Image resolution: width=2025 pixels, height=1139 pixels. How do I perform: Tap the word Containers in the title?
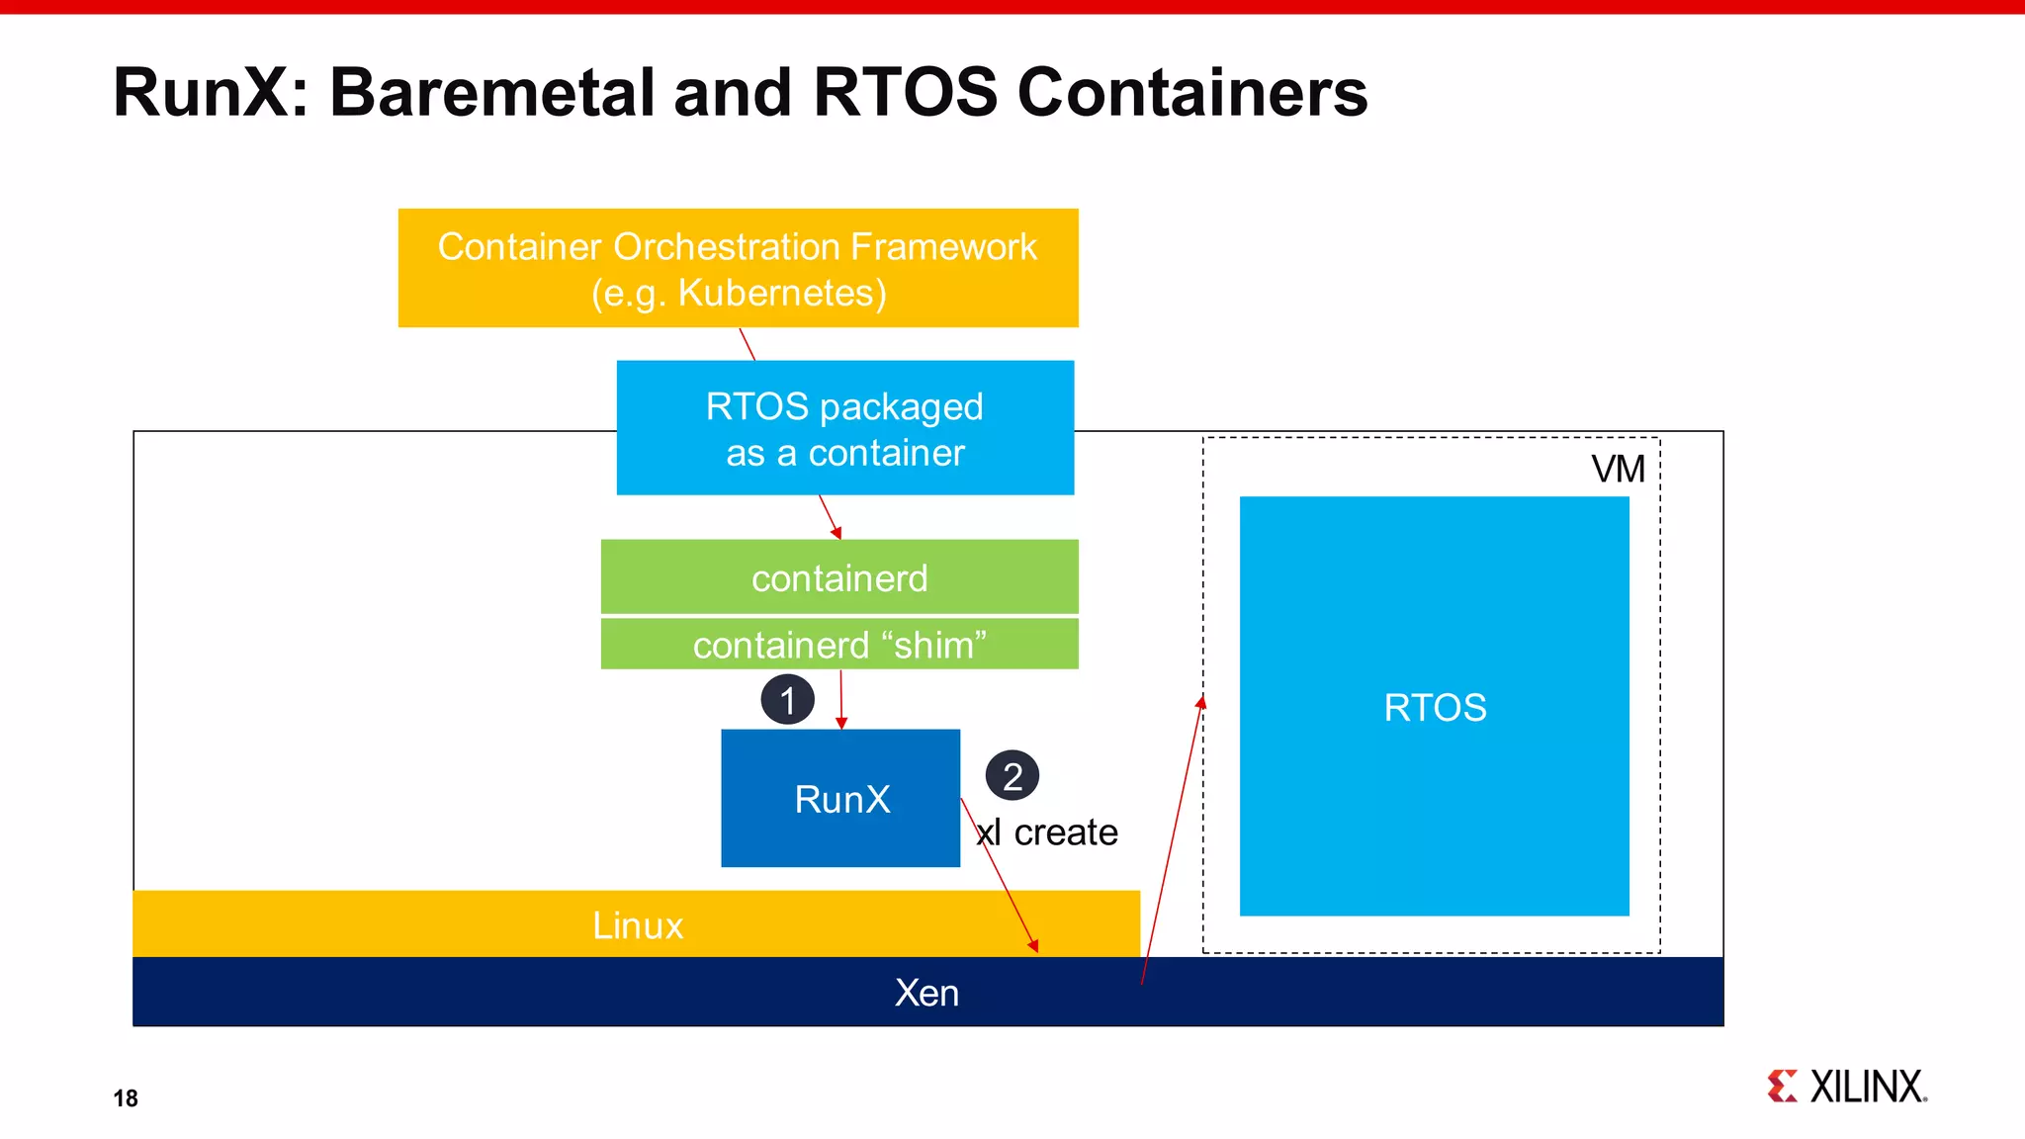1191,93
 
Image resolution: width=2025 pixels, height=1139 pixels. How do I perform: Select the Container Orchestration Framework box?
738,268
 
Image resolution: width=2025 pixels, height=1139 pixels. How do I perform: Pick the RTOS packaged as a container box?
844,428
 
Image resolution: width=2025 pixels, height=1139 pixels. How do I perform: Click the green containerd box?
839,577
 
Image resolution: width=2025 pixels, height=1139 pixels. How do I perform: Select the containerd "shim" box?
839,645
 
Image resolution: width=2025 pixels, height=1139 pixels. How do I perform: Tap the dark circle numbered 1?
787,700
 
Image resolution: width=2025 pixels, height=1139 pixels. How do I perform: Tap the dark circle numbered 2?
1012,776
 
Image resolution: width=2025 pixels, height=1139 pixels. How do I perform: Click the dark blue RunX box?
840,799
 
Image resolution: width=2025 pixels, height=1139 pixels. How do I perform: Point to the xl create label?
1047,832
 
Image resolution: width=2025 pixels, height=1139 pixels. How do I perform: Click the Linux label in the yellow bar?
638,925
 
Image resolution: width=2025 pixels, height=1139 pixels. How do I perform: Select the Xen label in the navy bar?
926,993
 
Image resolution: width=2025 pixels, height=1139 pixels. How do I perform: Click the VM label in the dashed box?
1618,469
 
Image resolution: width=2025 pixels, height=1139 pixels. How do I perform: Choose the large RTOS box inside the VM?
1434,707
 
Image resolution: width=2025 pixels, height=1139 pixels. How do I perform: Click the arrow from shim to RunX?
841,700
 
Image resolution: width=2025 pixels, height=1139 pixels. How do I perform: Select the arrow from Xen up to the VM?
1173,840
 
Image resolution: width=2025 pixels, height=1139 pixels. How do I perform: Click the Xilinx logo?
1846,1087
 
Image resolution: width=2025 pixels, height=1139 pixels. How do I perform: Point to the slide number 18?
126,1098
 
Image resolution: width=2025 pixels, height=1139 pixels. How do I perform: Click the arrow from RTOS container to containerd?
830,517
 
